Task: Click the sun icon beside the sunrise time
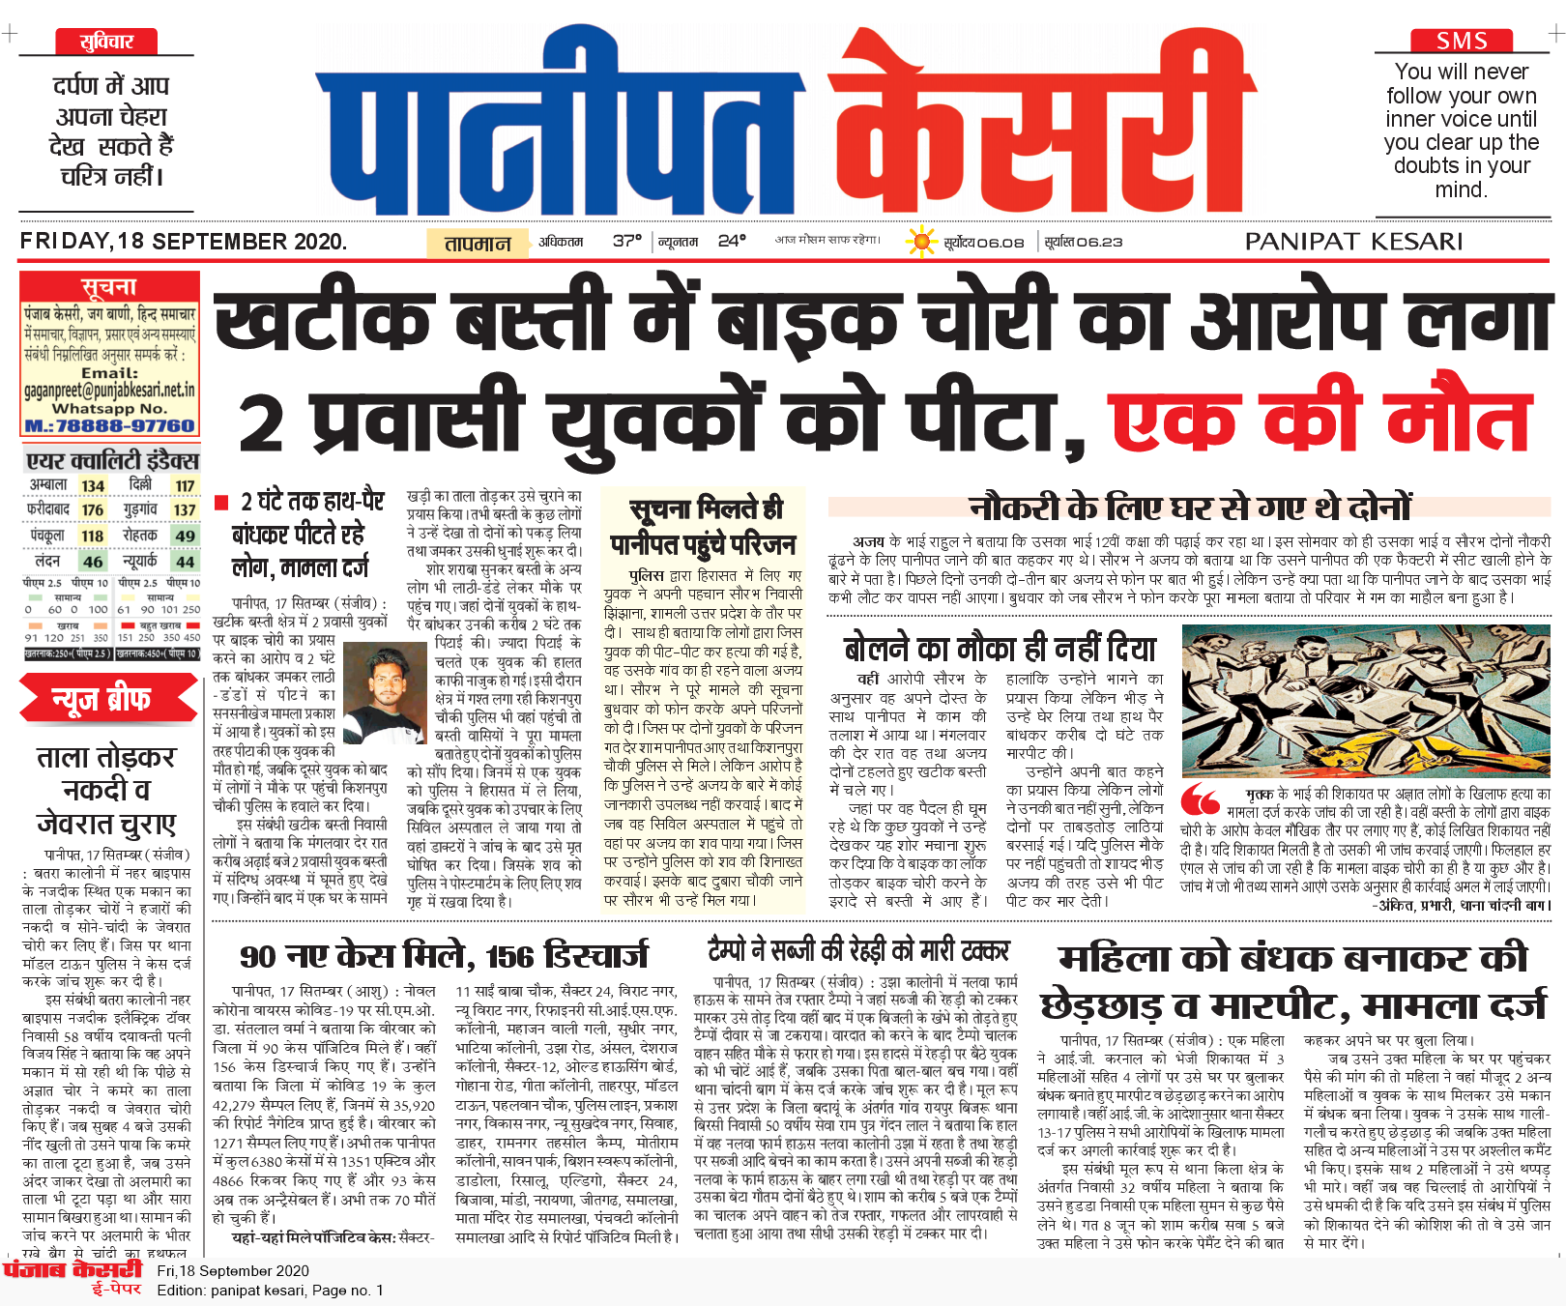click(921, 241)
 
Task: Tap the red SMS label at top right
click(1461, 41)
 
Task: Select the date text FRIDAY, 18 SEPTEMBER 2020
click(184, 242)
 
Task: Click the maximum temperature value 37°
click(626, 241)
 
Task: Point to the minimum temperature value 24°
click(732, 241)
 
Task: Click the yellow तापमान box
click(478, 243)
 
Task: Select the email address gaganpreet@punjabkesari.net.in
click(110, 391)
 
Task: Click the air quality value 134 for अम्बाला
click(93, 485)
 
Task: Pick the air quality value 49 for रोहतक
click(185, 536)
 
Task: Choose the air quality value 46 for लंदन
click(93, 561)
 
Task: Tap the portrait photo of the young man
click(385, 692)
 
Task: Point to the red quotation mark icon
click(1201, 799)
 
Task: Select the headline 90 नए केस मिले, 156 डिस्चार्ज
click(445, 956)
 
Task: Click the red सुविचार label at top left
click(106, 42)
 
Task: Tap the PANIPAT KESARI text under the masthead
click(1353, 242)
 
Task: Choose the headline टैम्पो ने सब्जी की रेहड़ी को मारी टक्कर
click(858, 951)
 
